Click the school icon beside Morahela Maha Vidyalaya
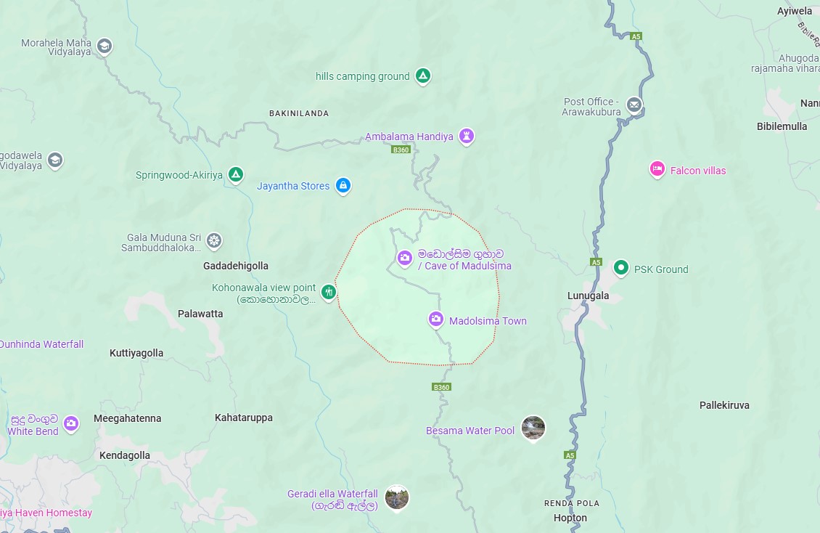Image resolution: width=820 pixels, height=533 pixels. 104,46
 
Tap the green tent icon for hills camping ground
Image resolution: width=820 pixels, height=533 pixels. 423,76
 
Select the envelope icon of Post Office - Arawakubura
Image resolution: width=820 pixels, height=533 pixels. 634,105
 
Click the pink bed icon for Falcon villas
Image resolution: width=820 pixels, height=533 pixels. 657,169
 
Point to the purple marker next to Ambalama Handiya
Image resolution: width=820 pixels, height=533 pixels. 467,136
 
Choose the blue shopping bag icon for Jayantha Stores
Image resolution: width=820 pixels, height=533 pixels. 343,185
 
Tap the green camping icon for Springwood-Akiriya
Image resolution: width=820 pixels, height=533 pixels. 235,174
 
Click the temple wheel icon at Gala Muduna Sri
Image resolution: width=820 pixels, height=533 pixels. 213,240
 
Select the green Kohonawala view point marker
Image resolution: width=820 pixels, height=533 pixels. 329,292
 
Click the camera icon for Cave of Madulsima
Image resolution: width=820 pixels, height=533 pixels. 404,257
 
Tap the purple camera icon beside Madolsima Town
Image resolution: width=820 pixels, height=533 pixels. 435,320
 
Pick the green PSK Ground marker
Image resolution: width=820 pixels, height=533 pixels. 620,268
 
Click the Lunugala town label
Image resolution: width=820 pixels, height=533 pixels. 588,296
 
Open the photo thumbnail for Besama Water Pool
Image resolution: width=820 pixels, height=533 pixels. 533,428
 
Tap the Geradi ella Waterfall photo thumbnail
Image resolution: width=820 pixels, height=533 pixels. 396,497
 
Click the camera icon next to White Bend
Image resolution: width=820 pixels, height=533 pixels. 70,423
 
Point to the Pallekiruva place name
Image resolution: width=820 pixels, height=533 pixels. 724,404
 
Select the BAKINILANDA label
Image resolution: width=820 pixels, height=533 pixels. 298,113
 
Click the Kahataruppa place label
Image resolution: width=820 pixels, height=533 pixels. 244,418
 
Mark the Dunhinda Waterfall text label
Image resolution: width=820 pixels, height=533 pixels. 41,344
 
